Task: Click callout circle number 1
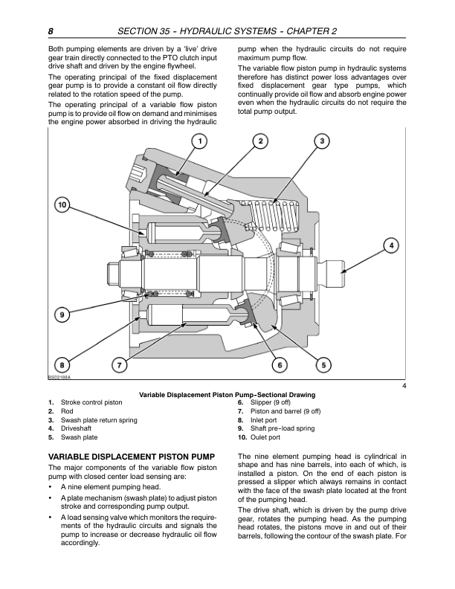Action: [199, 141]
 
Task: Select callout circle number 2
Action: [260, 141]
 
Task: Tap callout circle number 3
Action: [321, 141]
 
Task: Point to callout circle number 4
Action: [391, 245]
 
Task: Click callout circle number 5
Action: [324, 364]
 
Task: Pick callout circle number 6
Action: [280, 364]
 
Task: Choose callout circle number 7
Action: [118, 364]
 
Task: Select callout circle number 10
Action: [62, 205]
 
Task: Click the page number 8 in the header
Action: [50, 31]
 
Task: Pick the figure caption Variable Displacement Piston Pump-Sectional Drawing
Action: [227, 393]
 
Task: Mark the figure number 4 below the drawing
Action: [403, 384]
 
